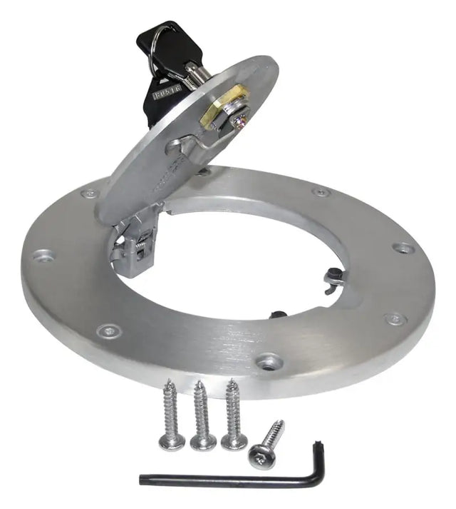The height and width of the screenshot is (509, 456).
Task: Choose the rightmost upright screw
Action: point(233,414)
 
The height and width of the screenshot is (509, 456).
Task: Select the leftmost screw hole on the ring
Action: point(43,255)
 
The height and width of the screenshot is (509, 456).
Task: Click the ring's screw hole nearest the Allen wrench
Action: point(270,363)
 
